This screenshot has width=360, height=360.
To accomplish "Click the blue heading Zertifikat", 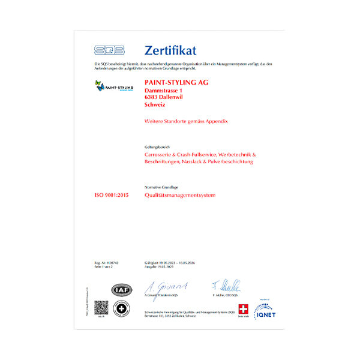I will pyautogui.click(x=170, y=50).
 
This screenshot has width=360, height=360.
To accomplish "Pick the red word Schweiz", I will pyautogui.click(x=155, y=105).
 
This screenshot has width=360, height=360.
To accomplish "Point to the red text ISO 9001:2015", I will pyautogui.click(x=112, y=196).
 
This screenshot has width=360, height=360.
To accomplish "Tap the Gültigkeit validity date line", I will pyautogui.click(x=174, y=263).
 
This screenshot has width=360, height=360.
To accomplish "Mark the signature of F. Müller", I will pyautogui.click(x=226, y=286).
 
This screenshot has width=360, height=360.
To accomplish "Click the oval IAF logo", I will pyautogui.click(x=120, y=291).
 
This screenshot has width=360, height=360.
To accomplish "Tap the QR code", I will pyautogui.click(x=102, y=308).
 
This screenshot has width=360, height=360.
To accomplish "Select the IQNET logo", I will pyautogui.click(x=265, y=311).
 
